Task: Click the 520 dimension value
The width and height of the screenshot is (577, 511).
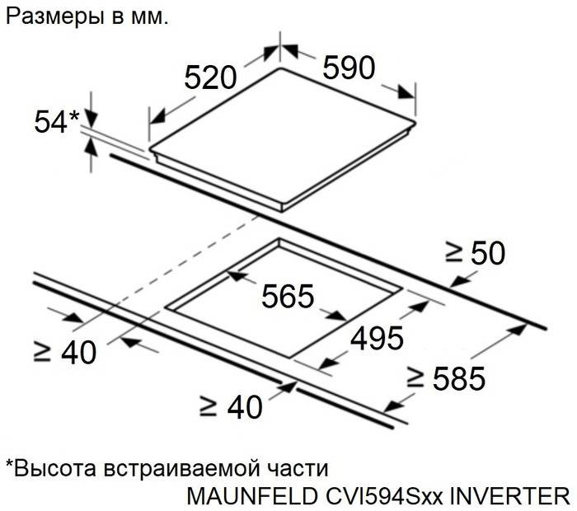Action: (x=210, y=77)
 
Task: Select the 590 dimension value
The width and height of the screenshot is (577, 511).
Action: (x=349, y=68)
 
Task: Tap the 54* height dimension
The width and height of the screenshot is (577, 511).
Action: (x=57, y=121)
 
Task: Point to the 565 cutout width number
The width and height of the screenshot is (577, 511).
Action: (x=288, y=295)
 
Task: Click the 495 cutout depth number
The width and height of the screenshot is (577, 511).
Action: (x=377, y=338)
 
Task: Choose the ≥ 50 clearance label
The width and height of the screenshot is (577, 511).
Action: (x=475, y=253)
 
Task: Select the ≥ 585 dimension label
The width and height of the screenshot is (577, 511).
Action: (x=446, y=378)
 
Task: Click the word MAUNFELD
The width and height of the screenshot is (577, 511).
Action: (x=252, y=496)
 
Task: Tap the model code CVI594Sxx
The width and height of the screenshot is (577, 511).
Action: (x=383, y=496)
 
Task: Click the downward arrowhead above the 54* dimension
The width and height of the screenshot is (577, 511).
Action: (x=91, y=117)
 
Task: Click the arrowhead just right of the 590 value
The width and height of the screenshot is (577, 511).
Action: (x=406, y=91)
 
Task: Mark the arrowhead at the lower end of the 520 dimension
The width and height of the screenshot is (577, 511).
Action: (x=157, y=117)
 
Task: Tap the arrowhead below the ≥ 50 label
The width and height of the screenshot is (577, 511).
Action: (x=459, y=280)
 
